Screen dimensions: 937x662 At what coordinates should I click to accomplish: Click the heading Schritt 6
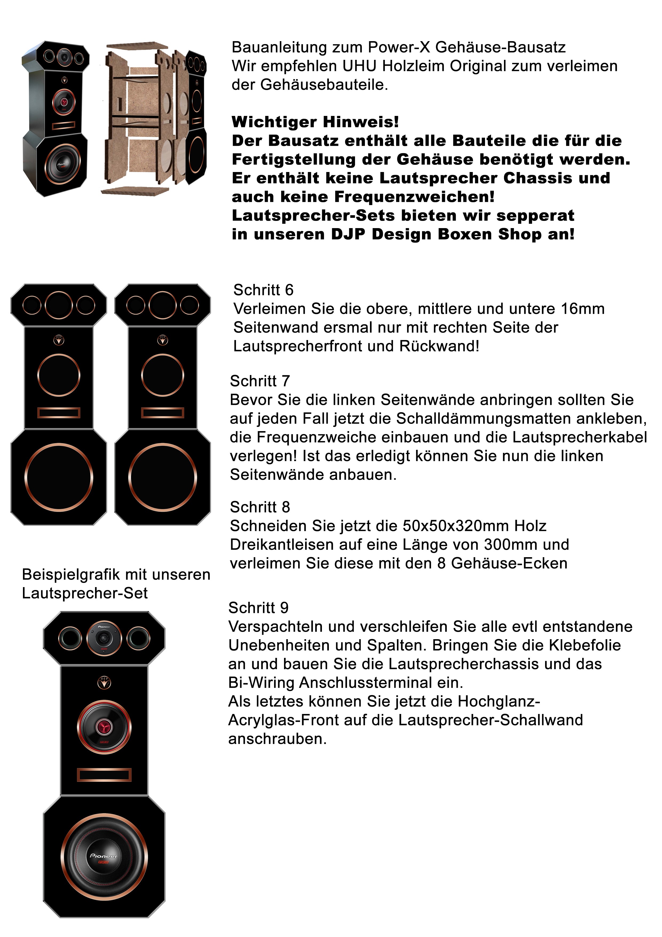tap(263, 290)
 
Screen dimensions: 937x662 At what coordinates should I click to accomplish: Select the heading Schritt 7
tap(260, 381)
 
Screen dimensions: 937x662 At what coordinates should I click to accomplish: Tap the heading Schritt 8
tap(260, 507)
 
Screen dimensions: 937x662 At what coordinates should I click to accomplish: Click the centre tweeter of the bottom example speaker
tap(104, 639)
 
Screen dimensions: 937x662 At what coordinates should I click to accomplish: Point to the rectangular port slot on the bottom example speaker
tap(104, 775)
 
